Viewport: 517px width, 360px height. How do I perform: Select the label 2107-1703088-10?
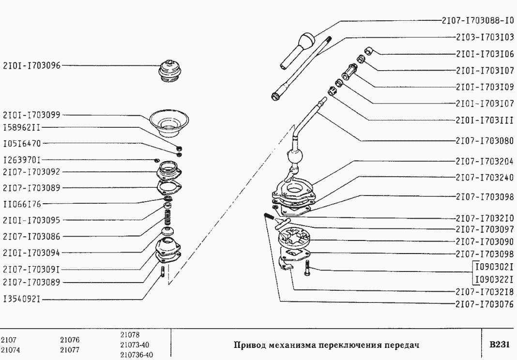478,21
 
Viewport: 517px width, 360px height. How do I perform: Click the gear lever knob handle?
301,46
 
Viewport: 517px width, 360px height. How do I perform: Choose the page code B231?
499,345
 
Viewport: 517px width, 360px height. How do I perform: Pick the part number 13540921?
22,300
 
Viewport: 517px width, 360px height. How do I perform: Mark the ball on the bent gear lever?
295,157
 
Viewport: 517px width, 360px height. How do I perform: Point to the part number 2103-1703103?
485,37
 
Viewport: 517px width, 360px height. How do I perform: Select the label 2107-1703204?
485,162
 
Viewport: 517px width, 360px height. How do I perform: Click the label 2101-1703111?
485,120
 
